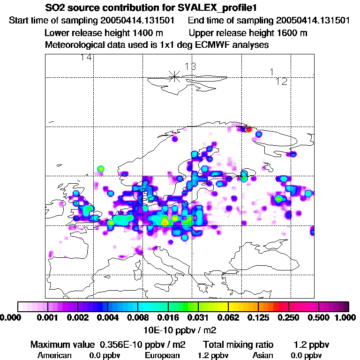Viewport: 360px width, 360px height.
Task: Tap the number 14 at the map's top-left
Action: click(x=86, y=58)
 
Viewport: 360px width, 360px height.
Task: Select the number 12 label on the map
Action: click(x=281, y=82)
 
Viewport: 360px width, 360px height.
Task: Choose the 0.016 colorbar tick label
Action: click(x=168, y=318)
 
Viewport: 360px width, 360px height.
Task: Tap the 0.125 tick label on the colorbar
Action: click(x=258, y=318)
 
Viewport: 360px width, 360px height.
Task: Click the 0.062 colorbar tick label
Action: click(x=228, y=318)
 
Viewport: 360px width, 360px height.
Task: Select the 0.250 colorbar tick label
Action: click(x=288, y=318)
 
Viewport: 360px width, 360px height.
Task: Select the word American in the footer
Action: click(x=54, y=355)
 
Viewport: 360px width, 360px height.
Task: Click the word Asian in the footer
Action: click(x=269, y=355)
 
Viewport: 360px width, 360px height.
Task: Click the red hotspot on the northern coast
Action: click(x=248, y=129)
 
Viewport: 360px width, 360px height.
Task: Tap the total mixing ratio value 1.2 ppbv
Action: click(x=312, y=345)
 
